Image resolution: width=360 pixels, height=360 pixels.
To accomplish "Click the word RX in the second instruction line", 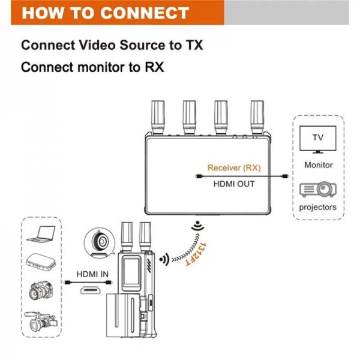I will click(153, 67).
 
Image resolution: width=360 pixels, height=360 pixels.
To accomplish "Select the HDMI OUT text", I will click(234, 184).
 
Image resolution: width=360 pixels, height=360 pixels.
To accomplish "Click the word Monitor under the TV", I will click(318, 165).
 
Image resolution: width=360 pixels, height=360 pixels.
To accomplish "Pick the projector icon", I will click(318, 190).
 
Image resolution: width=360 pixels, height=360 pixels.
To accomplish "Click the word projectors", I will click(318, 208).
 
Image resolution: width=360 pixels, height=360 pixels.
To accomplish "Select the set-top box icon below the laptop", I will click(40, 262).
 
